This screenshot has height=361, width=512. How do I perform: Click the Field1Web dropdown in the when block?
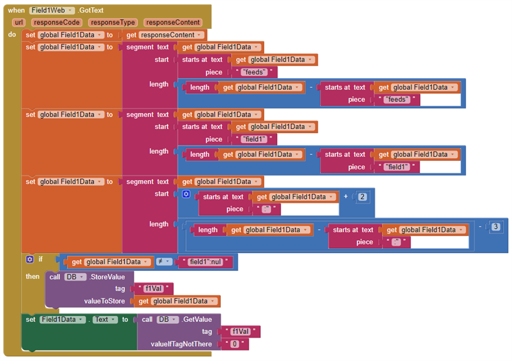[52, 11]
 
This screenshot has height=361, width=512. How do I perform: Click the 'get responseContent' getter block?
[165, 35]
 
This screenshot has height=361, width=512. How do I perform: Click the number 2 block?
[362, 196]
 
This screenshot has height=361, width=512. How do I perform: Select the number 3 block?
[495, 226]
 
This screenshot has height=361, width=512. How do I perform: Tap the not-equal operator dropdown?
[165, 262]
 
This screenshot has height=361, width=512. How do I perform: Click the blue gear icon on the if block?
[29, 259]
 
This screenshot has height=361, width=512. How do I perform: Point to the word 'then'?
[32, 276]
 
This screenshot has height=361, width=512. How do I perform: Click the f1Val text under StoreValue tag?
[154, 289]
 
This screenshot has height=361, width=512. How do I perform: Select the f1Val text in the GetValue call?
[241, 332]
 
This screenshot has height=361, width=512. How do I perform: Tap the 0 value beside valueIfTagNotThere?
[235, 344]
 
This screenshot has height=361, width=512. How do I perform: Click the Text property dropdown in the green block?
[105, 320]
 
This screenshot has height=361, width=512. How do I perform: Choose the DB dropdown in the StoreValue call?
[73, 277]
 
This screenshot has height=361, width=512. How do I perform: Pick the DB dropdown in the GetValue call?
[166, 320]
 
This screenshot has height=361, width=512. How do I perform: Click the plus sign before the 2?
[346, 196]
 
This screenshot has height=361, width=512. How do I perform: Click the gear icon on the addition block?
[186, 194]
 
